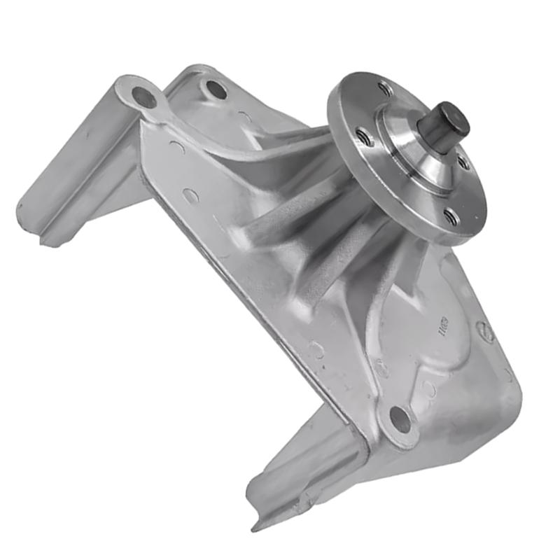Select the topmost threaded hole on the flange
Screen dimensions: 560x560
tap(384, 88)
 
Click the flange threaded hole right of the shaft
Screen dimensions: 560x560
tap(465, 162)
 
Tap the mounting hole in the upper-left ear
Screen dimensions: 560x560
tap(144, 97)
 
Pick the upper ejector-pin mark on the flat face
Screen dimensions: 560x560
tap(190, 196)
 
